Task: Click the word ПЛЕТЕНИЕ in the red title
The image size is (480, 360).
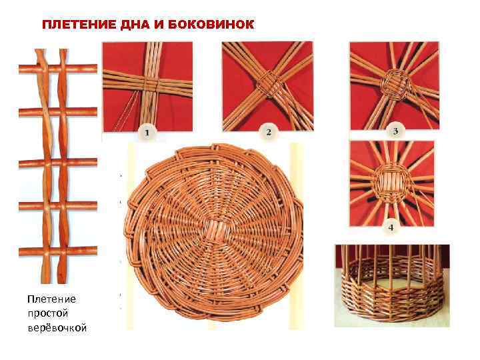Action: pyautogui.click(x=79, y=25)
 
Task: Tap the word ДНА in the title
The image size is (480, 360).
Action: pyautogui.click(x=135, y=25)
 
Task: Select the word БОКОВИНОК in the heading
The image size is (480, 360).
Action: pyautogui.click(x=211, y=25)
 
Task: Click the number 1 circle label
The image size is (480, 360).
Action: pyautogui.click(x=147, y=133)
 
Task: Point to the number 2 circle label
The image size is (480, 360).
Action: pyautogui.click(x=269, y=132)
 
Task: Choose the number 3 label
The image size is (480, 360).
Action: pyautogui.click(x=395, y=131)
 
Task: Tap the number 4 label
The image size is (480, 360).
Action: pyautogui.click(x=391, y=227)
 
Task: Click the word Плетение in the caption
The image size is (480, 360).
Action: pyautogui.click(x=52, y=299)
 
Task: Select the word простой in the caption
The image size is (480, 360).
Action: pyautogui.click(x=48, y=314)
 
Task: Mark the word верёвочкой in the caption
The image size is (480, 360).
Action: pyautogui.click(x=57, y=328)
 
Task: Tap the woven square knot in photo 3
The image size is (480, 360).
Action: pyautogui.click(x=395, y=83)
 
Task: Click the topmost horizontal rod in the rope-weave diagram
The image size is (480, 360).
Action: pyautogui.click(x=58, y=69)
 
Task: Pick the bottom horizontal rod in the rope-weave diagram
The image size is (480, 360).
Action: pyautogui.click(x=58, y=251)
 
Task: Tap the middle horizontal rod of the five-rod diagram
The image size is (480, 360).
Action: pyautogui.click(x=58, y=163)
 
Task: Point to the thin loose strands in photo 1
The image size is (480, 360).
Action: pyautogui.click(x=125, y=112)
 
